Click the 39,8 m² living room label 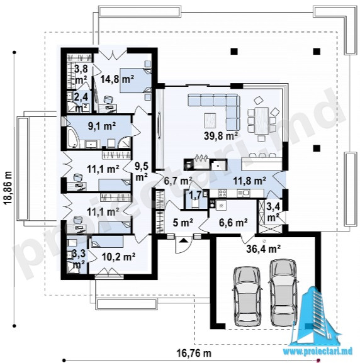[221, 136]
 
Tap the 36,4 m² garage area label [264, 249]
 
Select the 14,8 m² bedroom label [117, 79]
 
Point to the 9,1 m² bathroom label [102, 126]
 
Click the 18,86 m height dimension [8, 187]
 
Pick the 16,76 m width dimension [194, 354]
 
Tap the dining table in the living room [262, 121]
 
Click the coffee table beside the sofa [210, 120]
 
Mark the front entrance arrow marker [183, 240]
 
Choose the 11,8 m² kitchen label [249, 181]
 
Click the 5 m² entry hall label [183, 223]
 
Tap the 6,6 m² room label [233, 223]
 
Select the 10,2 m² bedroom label [118, 257]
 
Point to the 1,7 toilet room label [195, 195]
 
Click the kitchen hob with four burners [222, 193]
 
